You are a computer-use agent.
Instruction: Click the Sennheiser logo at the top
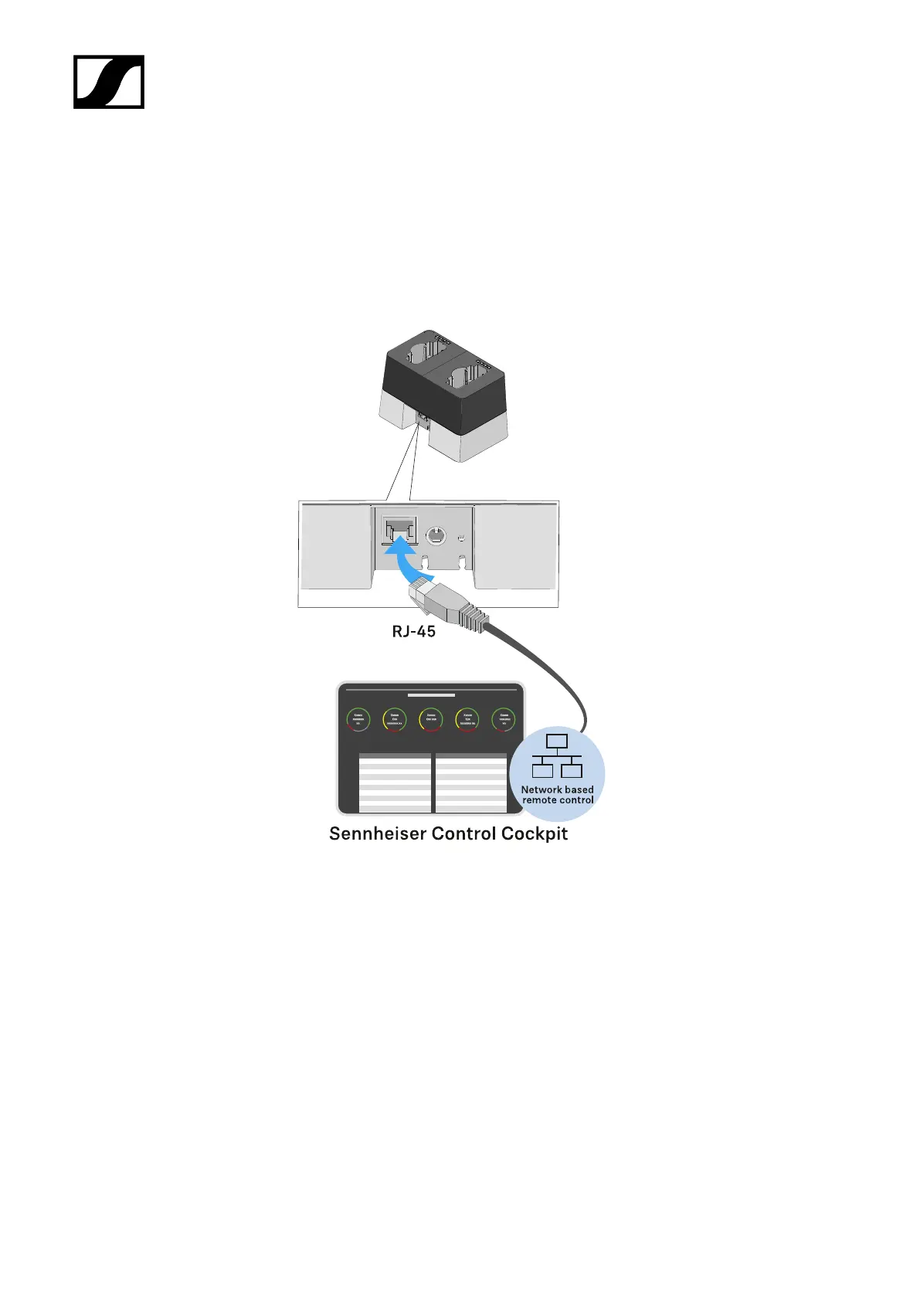[x=109, y=82]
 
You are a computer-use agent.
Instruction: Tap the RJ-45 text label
[x=414, y=631]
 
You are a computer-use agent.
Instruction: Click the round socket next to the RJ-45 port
[x=436, y=535]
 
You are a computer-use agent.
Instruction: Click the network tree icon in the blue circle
[x=557, y=756]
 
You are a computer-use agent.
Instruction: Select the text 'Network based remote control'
[x=558, y=795]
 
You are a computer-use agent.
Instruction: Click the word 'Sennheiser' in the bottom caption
[x=377, y=834]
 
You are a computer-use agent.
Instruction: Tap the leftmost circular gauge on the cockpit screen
[x=358, y=719]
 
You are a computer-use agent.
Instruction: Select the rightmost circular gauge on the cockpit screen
[x=504, y=719]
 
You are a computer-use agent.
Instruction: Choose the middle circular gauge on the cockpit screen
[x=431, y=719]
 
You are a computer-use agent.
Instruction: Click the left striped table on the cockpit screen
[x=395, y=782]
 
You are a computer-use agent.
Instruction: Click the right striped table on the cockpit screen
[x=470, y=782]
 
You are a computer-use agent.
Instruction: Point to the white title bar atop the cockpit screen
[x=431, y=696]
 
